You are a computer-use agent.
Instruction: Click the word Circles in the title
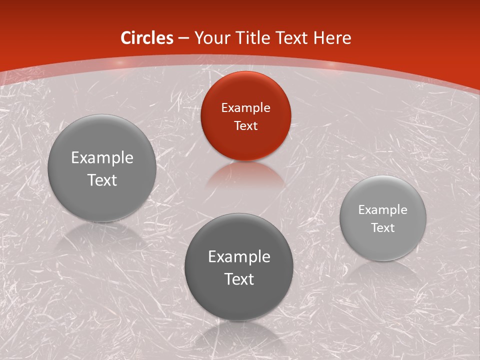(x=147, y=38)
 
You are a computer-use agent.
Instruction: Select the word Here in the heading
(x=332, y=38)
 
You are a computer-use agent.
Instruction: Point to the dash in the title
(x=183, y=38)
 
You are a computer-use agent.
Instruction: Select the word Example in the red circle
(x=245, y=107)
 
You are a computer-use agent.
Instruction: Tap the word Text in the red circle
(x=245, y=125)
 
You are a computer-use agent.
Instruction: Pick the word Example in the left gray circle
(x=102, y=158)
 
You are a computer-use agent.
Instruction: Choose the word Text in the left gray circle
(x=102, y=180)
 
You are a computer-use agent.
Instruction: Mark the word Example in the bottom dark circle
(x=239, y=257)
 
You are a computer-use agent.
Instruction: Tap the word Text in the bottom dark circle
(x=239, y=279)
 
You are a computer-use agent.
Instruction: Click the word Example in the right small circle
(x=383, y=210)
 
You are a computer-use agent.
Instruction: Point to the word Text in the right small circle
(x=383, y=228)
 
